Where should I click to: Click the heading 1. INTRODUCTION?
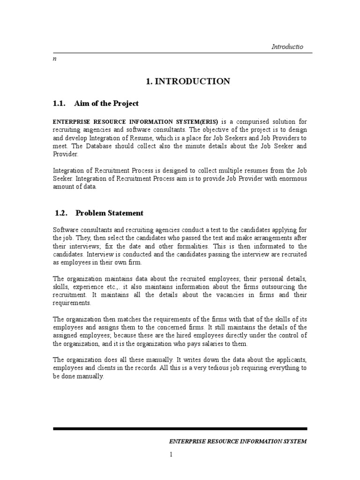188,82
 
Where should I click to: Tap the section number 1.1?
61,103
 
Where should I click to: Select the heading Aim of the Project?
106,103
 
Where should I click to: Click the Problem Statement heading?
109,213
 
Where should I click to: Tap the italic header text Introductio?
287,47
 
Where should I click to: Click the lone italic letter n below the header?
54,60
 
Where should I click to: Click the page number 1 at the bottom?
172,454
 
